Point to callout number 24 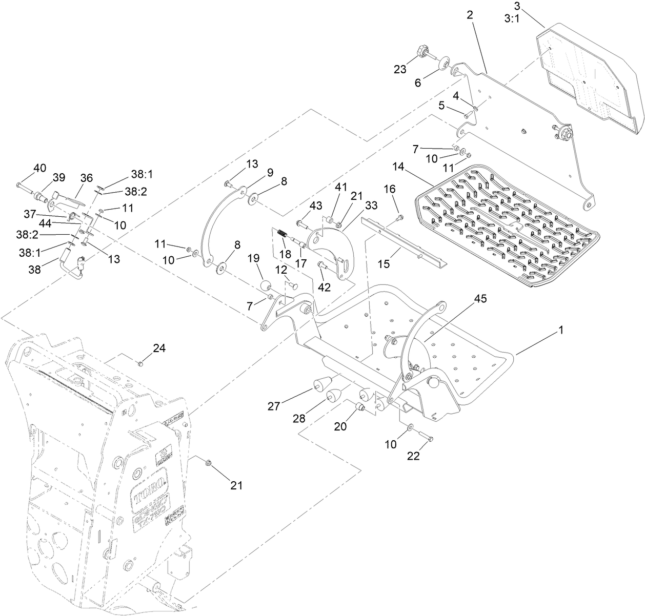[159, 349]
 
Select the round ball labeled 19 [266, 285]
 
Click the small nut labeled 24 [140, 364]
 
